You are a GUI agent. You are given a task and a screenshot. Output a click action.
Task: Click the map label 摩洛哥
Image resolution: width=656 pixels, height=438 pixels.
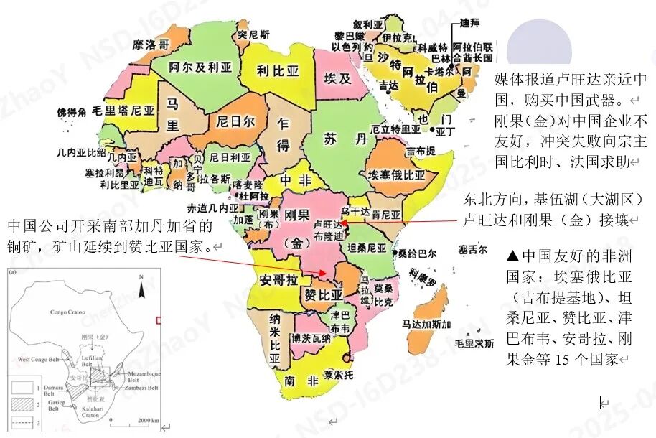[x=151, y=45]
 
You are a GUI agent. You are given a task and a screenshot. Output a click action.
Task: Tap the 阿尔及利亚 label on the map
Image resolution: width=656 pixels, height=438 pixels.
[x=201, y=67]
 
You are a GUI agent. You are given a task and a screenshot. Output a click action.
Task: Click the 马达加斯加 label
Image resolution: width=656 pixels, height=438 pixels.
[x=426, y=325]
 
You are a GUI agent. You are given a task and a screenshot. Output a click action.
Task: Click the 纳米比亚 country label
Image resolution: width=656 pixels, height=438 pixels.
[x=273, y=334]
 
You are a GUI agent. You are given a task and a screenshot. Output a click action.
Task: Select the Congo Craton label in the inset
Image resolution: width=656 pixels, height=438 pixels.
[x=68, y=312]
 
